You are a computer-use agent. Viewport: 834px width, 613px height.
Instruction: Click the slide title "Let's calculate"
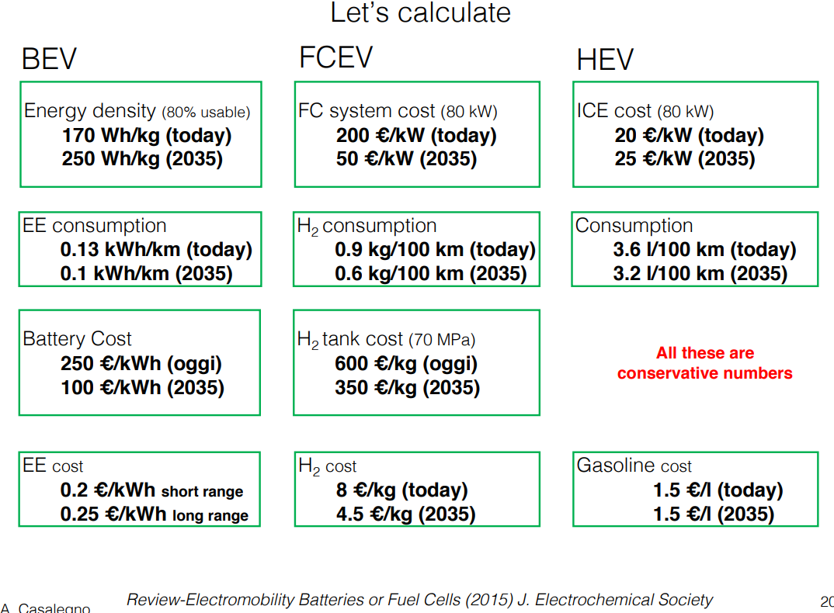(421, 13)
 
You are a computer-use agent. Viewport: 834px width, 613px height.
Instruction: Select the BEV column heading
(49, 60)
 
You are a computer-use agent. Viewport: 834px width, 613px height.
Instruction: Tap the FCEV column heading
(335, 57)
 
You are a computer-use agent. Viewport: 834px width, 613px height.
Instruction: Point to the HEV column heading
(605, 60)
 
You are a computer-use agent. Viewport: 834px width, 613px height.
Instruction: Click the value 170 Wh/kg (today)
(147, 136)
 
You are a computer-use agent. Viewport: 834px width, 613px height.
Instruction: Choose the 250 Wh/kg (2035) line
(142, 159)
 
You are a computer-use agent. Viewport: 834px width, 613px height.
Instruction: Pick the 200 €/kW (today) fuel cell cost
(416, 136)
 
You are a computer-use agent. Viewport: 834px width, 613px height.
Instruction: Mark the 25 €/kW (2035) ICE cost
(685, 159)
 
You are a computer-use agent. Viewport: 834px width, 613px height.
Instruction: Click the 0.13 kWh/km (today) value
(156, 250)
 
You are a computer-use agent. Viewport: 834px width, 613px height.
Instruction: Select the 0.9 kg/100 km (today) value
(435, 250)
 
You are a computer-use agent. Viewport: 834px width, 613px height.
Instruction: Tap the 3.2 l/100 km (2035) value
(700, 274)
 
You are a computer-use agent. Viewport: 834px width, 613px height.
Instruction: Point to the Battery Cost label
(77, 339)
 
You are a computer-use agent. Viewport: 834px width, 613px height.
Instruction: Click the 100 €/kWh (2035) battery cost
(142, 387)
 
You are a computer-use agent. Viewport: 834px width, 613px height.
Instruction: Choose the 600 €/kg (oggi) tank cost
(406, 364)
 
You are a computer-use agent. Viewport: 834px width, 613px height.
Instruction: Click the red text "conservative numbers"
(704, 373)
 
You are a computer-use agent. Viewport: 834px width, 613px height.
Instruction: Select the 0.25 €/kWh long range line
(155, 515)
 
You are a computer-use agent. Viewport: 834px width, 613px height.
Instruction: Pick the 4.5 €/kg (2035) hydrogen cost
(405, 514)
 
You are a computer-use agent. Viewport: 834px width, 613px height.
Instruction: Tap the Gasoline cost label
(634, 466)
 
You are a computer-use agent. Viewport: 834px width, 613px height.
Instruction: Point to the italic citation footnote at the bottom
(419, 600)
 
